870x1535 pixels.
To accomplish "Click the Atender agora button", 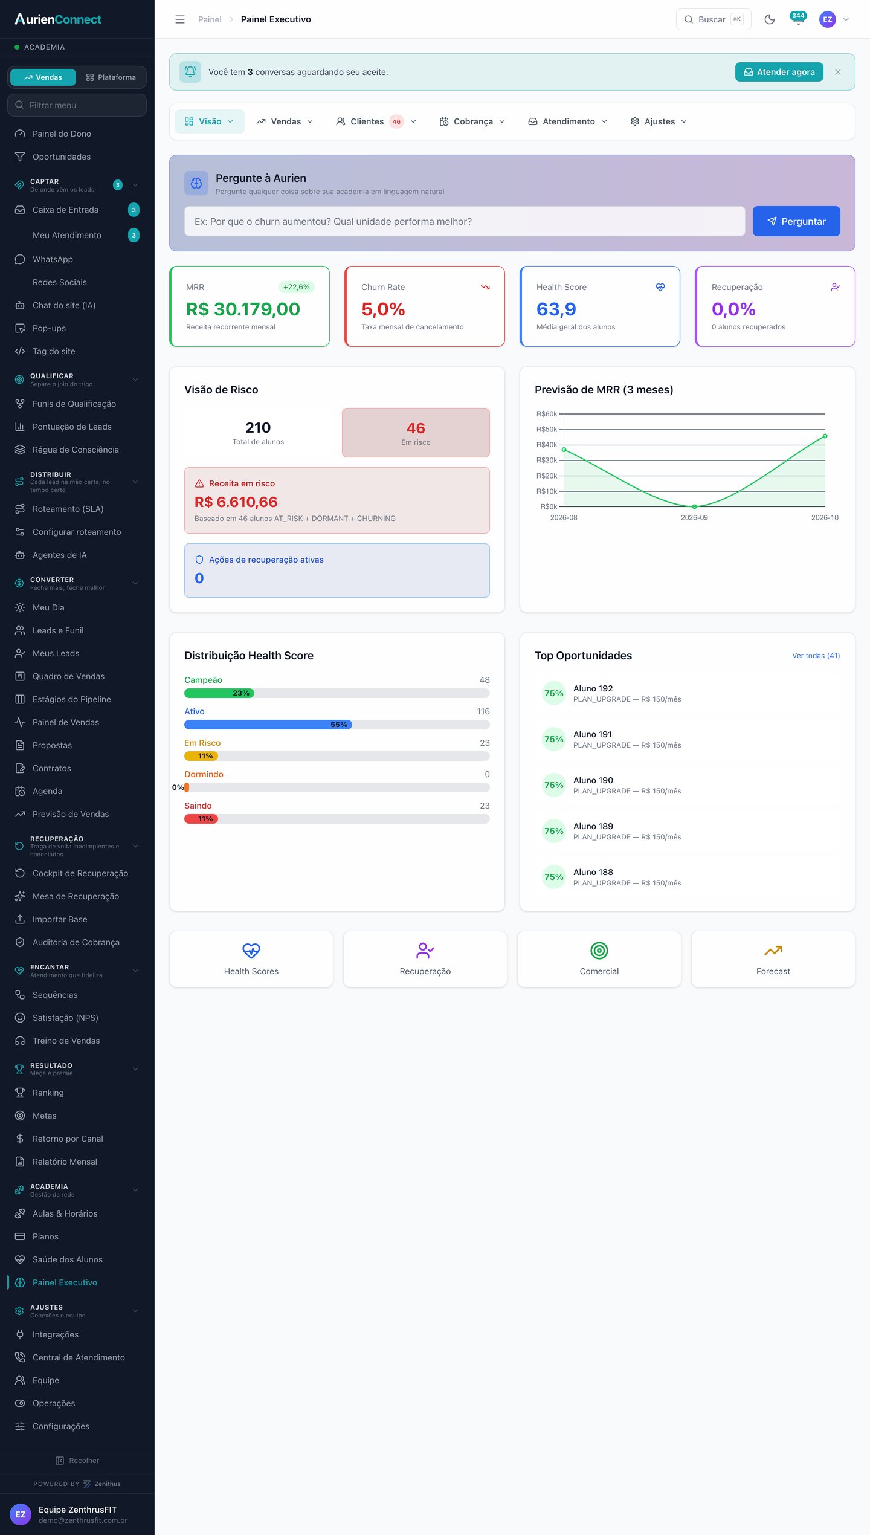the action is click(779, 72).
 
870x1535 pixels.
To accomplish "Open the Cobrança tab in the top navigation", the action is click(472, 121).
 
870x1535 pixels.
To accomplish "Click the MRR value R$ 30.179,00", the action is click(243, 309).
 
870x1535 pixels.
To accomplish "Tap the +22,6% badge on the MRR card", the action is click(297, 287).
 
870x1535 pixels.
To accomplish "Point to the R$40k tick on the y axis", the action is click(547, 445).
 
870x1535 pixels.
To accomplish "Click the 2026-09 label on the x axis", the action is click(694, 518).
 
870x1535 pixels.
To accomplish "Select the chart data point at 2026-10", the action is click(825, 436).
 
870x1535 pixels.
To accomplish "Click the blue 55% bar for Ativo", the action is click(268, 725).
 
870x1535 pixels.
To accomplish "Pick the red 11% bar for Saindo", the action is click(201, 819).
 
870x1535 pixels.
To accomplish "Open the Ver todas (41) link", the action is click(816, 656).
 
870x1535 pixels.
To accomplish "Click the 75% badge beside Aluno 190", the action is click(554, 785).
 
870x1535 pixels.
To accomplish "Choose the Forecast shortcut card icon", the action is click(773, 951).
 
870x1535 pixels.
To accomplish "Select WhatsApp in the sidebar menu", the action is click(53, 259).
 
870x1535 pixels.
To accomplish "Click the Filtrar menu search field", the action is click(77, 105).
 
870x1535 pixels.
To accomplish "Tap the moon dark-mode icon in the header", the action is click(770, 19).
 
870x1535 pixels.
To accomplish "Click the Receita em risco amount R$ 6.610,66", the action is click(236, 502).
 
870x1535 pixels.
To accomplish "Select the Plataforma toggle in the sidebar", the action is click(111, 77).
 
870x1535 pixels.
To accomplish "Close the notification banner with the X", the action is click(838, 72).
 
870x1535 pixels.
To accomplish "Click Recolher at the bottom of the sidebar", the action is click(77, 1461).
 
